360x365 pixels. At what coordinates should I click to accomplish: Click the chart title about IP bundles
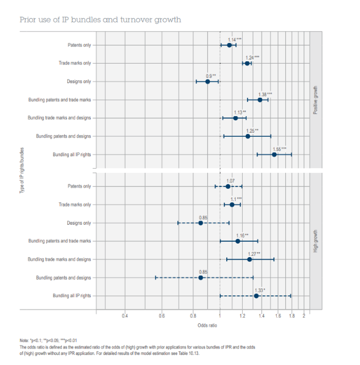pos(100,20)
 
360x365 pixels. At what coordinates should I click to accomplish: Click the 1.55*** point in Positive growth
pos(274,154)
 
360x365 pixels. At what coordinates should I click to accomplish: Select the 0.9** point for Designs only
pos(207,81)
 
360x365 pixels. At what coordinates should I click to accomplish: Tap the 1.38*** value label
pos(265,94)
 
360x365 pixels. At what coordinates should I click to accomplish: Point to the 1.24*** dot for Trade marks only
pos(247,63)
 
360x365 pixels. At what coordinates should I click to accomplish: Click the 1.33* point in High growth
pos(256,296)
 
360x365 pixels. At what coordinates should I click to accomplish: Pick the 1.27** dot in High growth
pos(249,259)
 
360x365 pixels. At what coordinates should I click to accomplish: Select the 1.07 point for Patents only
pos(228,186)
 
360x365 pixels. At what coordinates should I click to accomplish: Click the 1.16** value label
pos(242,235)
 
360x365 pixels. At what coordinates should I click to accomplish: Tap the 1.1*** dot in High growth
pos(232,205)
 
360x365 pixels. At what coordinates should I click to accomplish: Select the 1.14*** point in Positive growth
pos(229,45)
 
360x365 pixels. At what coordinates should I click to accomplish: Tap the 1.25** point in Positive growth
pos(247,136)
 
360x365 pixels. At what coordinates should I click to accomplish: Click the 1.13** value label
pos(240,112)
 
